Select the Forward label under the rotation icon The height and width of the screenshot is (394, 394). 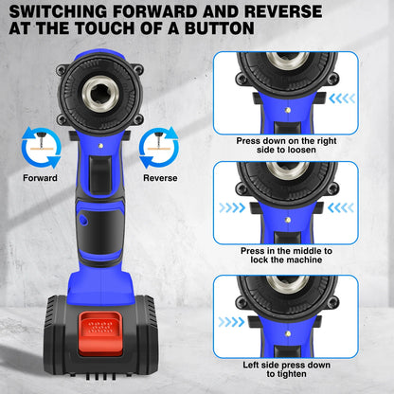(x=40, y=177)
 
